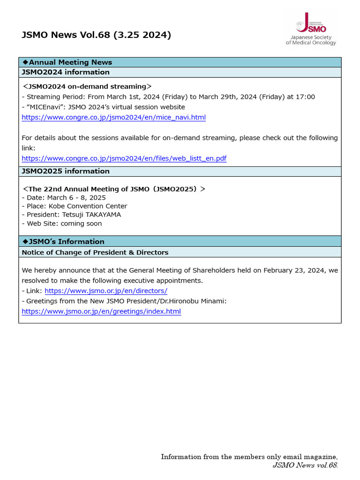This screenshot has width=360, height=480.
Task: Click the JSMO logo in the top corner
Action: point(311,29)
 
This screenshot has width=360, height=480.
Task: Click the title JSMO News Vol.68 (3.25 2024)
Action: point(97,35)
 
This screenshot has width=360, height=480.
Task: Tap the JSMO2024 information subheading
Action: point(66,72)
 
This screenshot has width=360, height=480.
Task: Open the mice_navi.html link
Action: point(114,117)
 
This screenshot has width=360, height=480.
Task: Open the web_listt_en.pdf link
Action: point(124,158)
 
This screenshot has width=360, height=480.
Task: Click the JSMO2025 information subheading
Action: point(66,171)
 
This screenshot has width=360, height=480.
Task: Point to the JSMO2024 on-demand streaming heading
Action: point(87,87)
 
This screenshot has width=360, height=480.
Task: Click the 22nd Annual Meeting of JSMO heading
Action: point(114,189)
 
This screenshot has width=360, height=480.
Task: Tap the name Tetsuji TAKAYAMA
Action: point(91,215)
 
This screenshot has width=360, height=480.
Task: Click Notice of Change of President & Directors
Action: point(95,252)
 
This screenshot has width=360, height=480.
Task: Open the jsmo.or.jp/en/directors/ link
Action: point(106,291)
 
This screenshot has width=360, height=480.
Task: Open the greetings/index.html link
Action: point(101,311)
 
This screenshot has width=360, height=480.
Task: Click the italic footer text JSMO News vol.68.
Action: point(305,465)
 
